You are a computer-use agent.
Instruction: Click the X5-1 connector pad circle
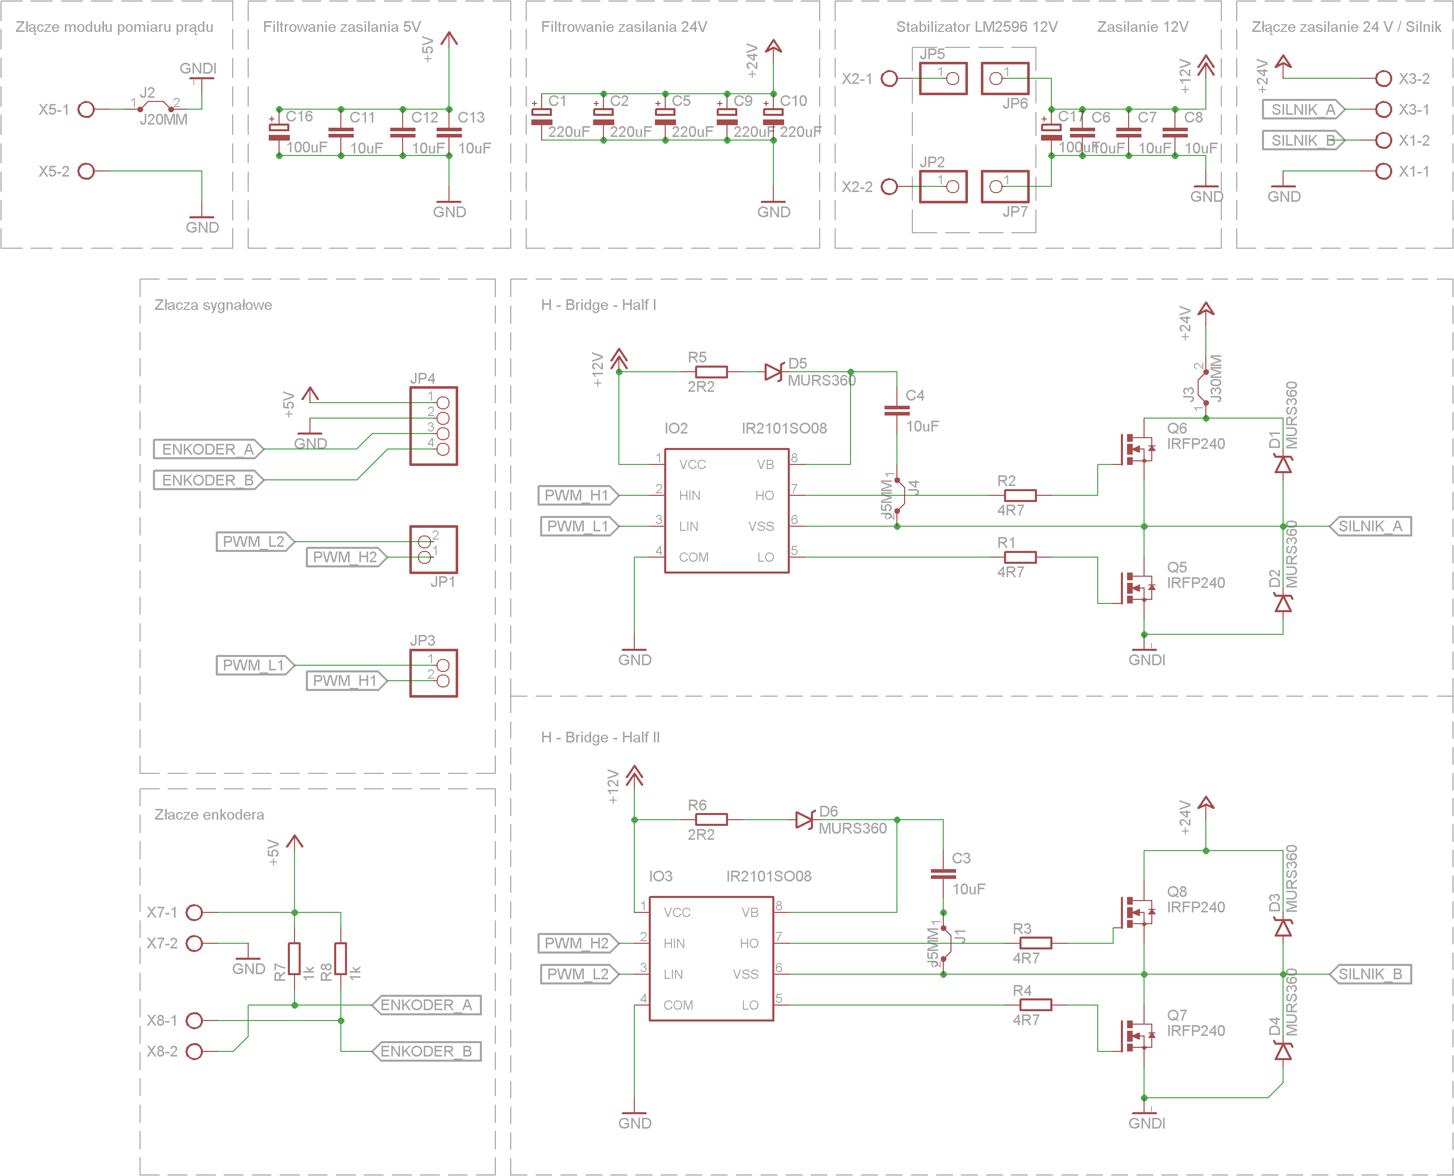[86, 109]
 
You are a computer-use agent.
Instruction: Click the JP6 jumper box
[1005, 79]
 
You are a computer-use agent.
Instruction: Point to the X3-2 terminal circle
[1383, 79]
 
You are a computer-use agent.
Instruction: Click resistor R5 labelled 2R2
[711, 372]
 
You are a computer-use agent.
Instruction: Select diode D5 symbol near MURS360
[773, 372]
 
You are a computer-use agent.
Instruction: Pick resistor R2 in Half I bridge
[1020, 495]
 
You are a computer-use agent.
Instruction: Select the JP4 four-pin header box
[434, 425]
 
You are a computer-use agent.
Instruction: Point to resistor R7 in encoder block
[295, 959]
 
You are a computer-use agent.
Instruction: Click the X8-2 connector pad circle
[194, 1051]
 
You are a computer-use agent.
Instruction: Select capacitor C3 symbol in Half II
[943, 874]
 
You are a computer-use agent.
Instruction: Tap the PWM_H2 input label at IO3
[577, 943]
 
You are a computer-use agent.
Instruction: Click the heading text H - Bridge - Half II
[600, 737]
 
